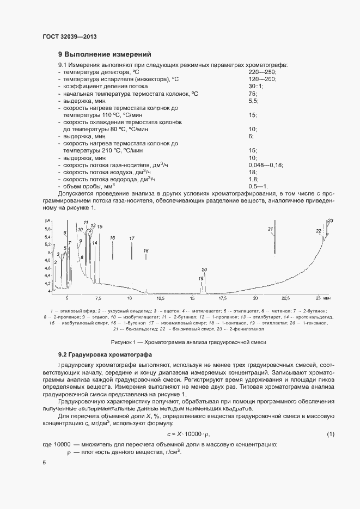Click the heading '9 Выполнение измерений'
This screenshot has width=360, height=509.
coord(105,54)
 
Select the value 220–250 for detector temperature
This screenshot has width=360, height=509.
coord(263,72)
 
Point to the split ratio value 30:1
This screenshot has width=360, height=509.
coord(256,86)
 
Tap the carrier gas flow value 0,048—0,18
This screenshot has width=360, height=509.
coord(266,164)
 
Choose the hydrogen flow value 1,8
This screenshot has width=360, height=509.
coord(253,179)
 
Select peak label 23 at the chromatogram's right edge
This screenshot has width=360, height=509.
coord(330,220)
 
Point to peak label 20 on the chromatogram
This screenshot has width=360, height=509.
coord(204,270)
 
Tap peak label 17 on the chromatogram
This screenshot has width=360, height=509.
coord(131,238)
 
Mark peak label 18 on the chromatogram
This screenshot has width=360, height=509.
coord(145,250)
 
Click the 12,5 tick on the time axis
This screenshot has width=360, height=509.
coord(161,298)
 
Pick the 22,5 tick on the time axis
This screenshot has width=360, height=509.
coord(286,298)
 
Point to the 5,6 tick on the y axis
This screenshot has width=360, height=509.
coord(47,229)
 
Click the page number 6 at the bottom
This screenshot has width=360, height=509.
coord(44,462)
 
